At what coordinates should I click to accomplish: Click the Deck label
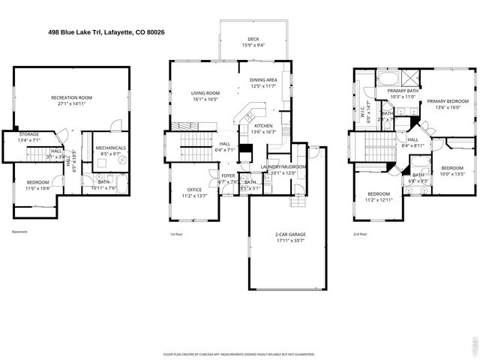click(x=254, y=42)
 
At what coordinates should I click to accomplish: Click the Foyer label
click(x=227, y=177)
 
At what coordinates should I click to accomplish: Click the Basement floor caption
click(x=20, y=232)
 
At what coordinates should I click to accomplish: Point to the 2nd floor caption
click(x=360, y=234)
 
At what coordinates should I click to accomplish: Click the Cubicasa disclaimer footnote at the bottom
click(x=238, y=353)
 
